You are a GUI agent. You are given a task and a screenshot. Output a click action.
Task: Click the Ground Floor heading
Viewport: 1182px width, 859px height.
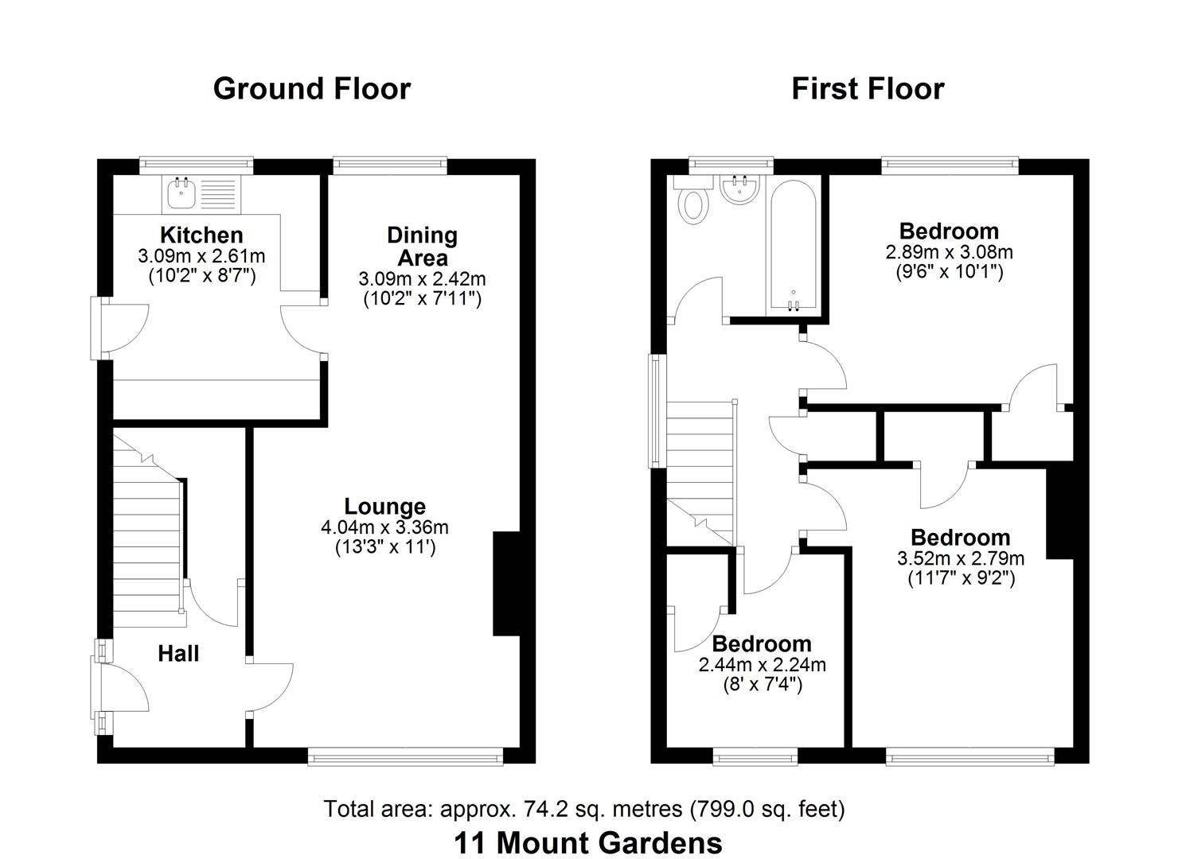pos(311,88)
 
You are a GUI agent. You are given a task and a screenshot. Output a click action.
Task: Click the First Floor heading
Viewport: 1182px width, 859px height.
pos(867,88)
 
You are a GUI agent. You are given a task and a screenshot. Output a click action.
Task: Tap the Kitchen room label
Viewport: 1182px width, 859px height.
pos(201,235)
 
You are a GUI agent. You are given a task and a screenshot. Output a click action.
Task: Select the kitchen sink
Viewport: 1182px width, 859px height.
pos(181,191)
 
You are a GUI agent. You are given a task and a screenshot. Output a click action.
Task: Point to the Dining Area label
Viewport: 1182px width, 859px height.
pos(422,246)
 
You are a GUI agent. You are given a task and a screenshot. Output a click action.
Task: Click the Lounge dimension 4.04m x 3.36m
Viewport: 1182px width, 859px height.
pos(384,527)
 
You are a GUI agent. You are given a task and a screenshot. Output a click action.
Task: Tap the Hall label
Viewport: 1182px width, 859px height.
pos(178,654)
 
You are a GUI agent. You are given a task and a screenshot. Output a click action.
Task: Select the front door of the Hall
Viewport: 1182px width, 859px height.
pos(119,687)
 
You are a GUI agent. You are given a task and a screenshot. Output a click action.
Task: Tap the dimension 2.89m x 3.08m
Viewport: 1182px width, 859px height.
pos(949,252)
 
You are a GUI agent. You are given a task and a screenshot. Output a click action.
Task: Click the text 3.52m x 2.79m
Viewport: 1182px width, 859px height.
pos(960,558)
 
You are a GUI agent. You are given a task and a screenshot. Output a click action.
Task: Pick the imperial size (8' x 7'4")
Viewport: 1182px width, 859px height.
pos(762,684)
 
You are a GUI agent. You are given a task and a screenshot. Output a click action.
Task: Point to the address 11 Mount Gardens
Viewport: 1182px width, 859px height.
pos(588,842)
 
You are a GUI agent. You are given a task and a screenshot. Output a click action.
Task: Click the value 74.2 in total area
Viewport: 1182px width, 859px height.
pos(540,809)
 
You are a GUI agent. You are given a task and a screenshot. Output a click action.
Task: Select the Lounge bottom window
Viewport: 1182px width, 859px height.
pos(405,757)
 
